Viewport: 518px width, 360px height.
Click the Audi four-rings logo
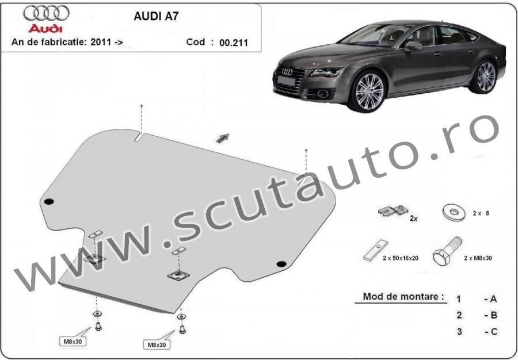pyautogui.click(x=46, y=13)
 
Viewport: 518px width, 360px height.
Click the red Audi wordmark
pyautogui.click(x=45, y=28)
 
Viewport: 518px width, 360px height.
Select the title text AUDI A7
pyautogui.click(x=156, y=16)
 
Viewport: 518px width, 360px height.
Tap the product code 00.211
pyautogui.click(x=234, y=43)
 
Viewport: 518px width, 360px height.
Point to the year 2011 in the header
pyautogui.click(x=101, y=42)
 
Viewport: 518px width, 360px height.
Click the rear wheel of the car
pyautogui.click(x=485, y=76)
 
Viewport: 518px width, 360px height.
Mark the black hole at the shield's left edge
pyautogui.click(x=49, y=202)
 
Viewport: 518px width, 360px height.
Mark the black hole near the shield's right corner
pyautogui.click(x=281, y=263)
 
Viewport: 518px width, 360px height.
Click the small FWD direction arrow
pyautogui.click(x=223, y=138)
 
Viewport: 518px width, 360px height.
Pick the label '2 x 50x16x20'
pyautogui.click(x=401, y=258)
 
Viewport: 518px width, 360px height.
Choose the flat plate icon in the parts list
pyautogui.click(x=376, y=251)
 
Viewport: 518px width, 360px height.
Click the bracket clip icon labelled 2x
pyautogui.click(x=393, y=210)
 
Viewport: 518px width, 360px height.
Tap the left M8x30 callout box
pyautogui.click(x=73, y=342)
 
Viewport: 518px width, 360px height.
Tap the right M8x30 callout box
pyautogui.click(x=157, y=345)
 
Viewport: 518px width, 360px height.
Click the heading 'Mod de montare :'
pyautogui.click(x=403, y=296)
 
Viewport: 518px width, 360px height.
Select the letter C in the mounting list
pyautogui.click(x=494, y=331)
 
